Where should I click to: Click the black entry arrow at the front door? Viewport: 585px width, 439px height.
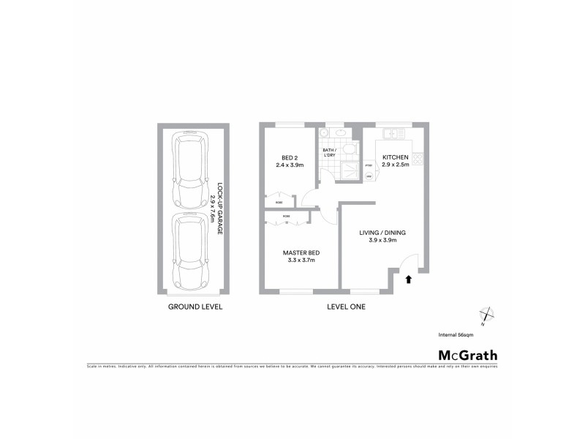coord(408,279)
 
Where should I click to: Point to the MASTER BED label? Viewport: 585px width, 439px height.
coord(301,253)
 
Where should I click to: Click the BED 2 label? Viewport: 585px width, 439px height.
coord(291,158)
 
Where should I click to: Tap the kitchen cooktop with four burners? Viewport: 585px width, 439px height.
coord(418,157)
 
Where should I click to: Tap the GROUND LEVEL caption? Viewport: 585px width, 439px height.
coord(195,307)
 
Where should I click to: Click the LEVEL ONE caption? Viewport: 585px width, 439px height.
coord(346,307)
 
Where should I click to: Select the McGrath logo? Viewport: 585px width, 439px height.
coord(467,356)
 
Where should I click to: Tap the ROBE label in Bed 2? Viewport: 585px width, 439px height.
coord(279,203)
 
